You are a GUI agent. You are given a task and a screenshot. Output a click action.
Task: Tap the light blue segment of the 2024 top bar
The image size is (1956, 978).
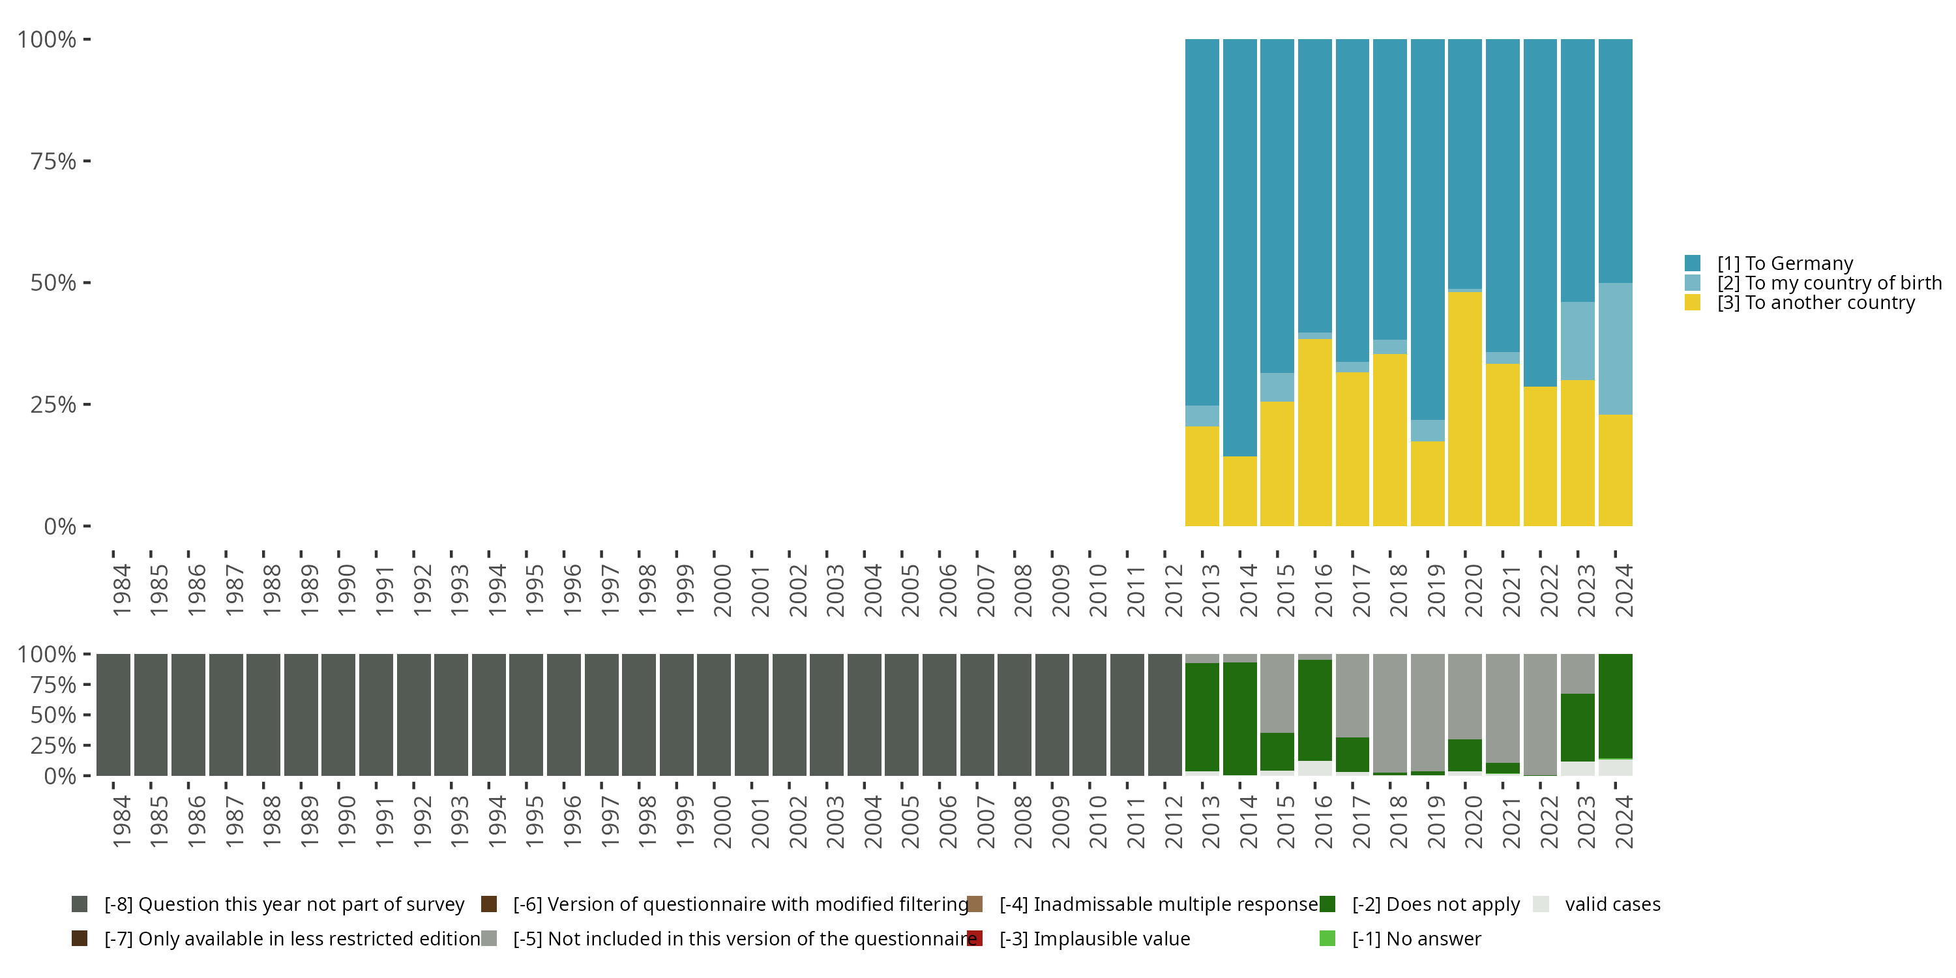(x=1615, y=349)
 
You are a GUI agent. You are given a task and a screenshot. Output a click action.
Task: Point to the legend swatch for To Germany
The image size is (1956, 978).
(x=1693, y=263)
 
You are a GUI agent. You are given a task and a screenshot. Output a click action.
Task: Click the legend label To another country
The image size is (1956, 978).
(x=1816, y=303)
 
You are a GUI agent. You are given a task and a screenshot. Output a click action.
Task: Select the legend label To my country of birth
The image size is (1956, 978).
(x=1828, y=283)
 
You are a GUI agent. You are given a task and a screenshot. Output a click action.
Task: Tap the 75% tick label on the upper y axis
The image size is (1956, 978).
(x=53, y=161)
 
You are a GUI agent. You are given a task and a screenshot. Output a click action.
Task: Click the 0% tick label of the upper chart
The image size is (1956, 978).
(x=60, y=526)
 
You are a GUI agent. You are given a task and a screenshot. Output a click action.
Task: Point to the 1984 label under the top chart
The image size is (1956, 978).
(x=121, y=590)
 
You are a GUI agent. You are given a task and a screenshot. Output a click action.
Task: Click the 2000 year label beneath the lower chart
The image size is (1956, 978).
(x=722, y=822)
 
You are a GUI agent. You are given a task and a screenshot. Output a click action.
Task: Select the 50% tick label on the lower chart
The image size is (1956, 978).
(x=53, y=715)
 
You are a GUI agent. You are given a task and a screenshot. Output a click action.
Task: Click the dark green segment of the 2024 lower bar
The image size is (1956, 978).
(x=1615, y=705)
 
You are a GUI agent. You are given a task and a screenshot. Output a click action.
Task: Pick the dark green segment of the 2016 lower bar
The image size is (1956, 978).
(x=1315, y=710)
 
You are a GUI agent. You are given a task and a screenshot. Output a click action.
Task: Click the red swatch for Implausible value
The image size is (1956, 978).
(x=975, y=938)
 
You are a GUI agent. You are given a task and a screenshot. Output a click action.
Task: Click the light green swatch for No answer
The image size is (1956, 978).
(x=1327, y=938)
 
